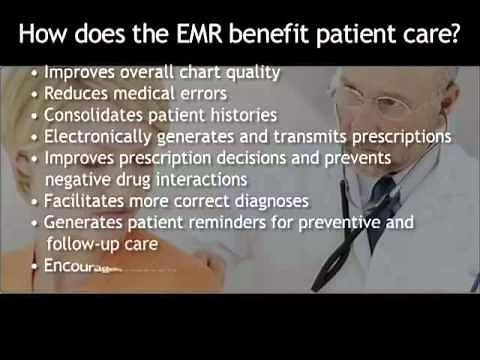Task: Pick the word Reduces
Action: [x=77, y=94]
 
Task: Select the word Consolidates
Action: [x=95, y=115]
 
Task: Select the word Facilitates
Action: [x=87, y=201]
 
